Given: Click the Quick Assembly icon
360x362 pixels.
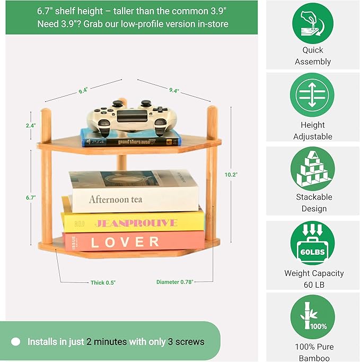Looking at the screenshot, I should point(313,23).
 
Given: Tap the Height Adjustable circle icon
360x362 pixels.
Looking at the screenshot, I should point(313,96).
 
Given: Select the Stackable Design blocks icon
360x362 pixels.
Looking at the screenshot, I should point(313,169).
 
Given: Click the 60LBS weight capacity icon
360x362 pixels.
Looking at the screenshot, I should point(313,243).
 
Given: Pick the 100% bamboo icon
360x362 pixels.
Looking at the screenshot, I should point(313,317).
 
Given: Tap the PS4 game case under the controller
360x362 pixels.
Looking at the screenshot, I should point(130,137).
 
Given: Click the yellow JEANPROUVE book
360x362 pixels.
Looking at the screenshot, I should point(133,220).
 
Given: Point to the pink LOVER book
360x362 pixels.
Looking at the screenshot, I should point(133,242).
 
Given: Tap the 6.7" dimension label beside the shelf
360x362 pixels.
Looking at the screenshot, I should point(30,198).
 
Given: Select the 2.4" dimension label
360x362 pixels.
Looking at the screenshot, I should point(30,126).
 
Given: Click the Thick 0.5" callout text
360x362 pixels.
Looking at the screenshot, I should point(103,283).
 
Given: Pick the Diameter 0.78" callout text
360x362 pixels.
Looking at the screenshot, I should point(175,282).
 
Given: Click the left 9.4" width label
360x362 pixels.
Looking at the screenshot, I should point(83,91).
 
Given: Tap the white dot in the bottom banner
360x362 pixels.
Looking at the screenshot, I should point(15,342).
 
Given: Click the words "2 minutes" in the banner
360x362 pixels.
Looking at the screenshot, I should point(107,342).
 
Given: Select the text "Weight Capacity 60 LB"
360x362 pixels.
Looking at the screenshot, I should point(314,279).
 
